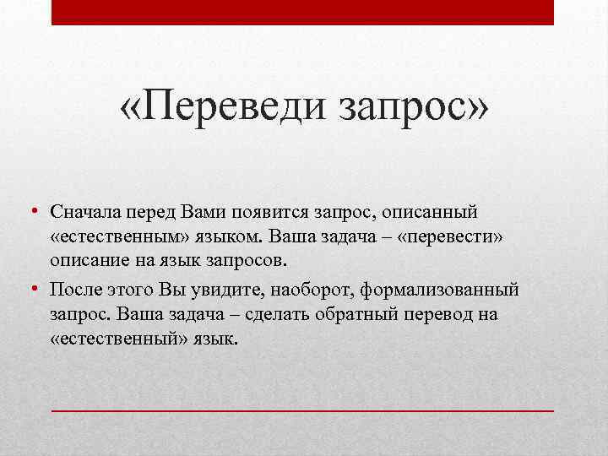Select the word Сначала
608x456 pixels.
85,209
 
